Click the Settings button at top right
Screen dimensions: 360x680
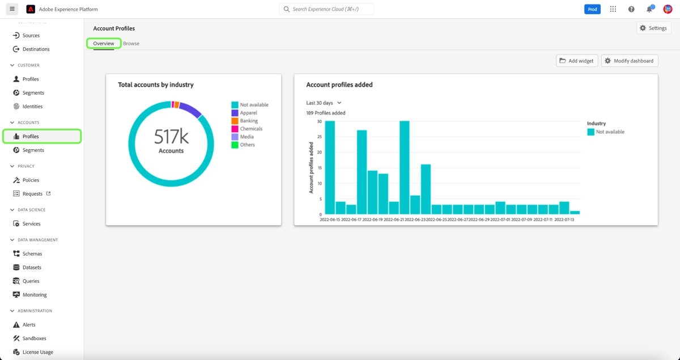coord(653,28)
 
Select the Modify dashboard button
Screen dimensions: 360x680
coord(629,61)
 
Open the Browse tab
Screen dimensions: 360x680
coord(131,44)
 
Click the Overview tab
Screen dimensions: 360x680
coord(104,44)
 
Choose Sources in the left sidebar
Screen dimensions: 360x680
coord(31,35)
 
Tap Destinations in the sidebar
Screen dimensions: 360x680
coord(36,49)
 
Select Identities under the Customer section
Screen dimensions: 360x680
coord(32,107)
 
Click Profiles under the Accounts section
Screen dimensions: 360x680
coord(31,137)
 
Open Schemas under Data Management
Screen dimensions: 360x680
coord(32,254)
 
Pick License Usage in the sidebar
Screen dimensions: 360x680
coord(37,352)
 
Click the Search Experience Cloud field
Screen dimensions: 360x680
coord(326,9)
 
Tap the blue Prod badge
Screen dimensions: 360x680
coord(592,9)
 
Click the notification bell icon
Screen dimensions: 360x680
coord(649,9)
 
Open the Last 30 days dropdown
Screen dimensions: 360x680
coord(324,103)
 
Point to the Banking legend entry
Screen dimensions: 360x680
coord(248,121)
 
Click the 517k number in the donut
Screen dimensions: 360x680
coord(171,137)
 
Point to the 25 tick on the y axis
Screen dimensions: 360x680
coord(320,137)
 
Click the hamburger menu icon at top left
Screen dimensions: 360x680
coord(12,9)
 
